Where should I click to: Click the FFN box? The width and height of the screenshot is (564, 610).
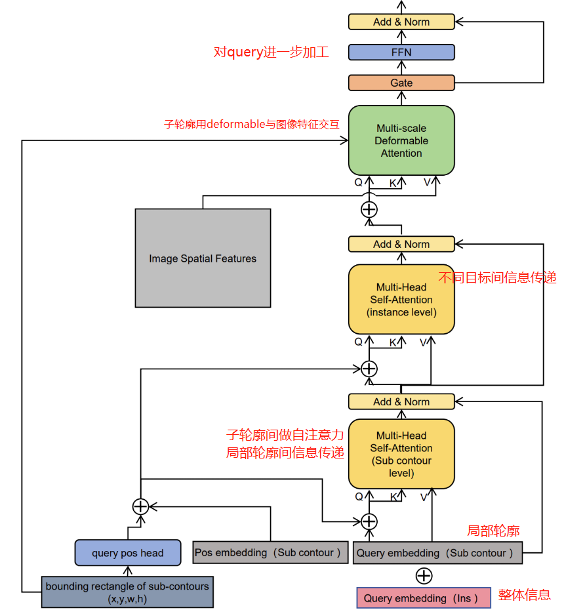tap(401, 52)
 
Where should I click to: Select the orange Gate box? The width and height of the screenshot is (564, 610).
tap(401, 83)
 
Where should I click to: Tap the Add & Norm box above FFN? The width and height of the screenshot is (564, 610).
tap(401, 22)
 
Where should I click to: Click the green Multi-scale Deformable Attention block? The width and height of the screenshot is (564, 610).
tap(401, 140)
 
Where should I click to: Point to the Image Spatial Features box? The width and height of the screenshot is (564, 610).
tap(203, 258)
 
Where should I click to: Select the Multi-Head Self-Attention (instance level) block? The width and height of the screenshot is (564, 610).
tap(401, 299)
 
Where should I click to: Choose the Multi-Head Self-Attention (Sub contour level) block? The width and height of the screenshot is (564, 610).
tap(401, 454)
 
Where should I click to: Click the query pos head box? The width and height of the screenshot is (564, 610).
tap(127, 553)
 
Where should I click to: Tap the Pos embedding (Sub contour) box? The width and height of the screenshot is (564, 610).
tap(270, 552)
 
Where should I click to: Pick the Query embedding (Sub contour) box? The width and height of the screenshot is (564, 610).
tap(437, 553)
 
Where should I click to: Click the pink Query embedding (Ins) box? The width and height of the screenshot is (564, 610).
tap(424, 598)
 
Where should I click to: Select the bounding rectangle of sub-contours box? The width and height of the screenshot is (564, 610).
tap(127, 592)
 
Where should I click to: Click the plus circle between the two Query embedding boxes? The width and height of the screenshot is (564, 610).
tap(424, 576)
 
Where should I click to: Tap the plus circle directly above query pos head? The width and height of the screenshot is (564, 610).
tap(140, 506)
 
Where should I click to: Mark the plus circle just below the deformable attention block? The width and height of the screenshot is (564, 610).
tap(369, 209)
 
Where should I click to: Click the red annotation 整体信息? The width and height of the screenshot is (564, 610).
tap(524, 595)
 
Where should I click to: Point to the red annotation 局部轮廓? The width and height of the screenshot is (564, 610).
tap(493, 531)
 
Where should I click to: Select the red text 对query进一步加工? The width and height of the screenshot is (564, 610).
tap(271, 52)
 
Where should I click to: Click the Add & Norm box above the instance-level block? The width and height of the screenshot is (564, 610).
tap(401, 244)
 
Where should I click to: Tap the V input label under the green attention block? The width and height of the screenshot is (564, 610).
tap(427, 182)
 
